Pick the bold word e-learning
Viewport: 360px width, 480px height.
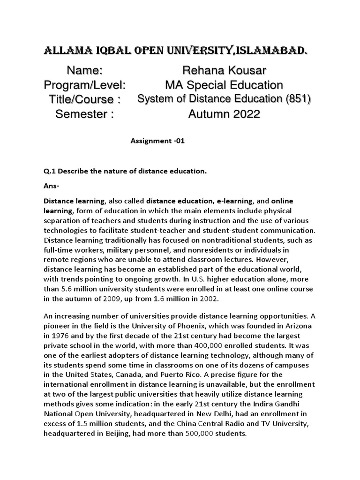click(x=234, y=201)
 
